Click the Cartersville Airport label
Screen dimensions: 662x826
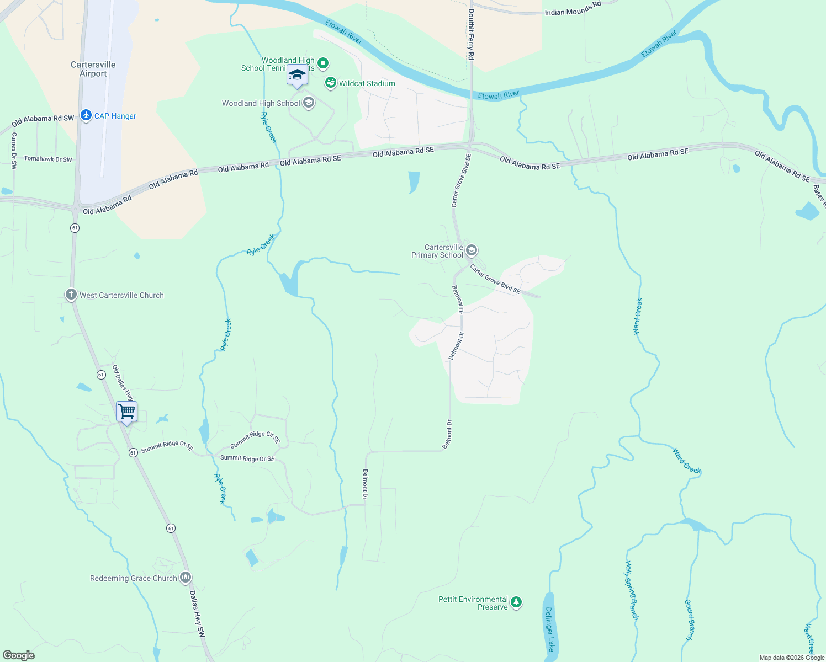click(93, 69)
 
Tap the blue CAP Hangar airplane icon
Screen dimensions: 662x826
click(86, 115)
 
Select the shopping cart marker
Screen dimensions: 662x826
click(127, 412)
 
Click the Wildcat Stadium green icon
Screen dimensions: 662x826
click(331, 83)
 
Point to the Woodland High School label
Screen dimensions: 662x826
click(261, 103)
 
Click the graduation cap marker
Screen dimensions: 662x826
click(297, 75)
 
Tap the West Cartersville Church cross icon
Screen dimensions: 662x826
click(71, 295)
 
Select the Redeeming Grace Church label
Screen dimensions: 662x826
click(134, 578)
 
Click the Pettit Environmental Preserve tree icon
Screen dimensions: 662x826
click(516, 602)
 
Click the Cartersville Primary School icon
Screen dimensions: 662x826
click(472, 251)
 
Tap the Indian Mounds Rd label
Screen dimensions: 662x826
click(573, 9)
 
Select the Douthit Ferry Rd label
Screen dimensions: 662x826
click(471, 34)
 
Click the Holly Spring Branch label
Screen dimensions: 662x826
click(631, 590)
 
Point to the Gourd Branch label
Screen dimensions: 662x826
click(689, 620)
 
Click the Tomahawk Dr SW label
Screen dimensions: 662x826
click(48, 159)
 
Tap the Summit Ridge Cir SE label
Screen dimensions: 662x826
click(255, 437)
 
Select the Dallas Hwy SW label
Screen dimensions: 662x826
click(197, 615)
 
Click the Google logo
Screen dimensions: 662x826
click(19, 655)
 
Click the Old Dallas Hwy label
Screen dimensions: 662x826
click(123, 383)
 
